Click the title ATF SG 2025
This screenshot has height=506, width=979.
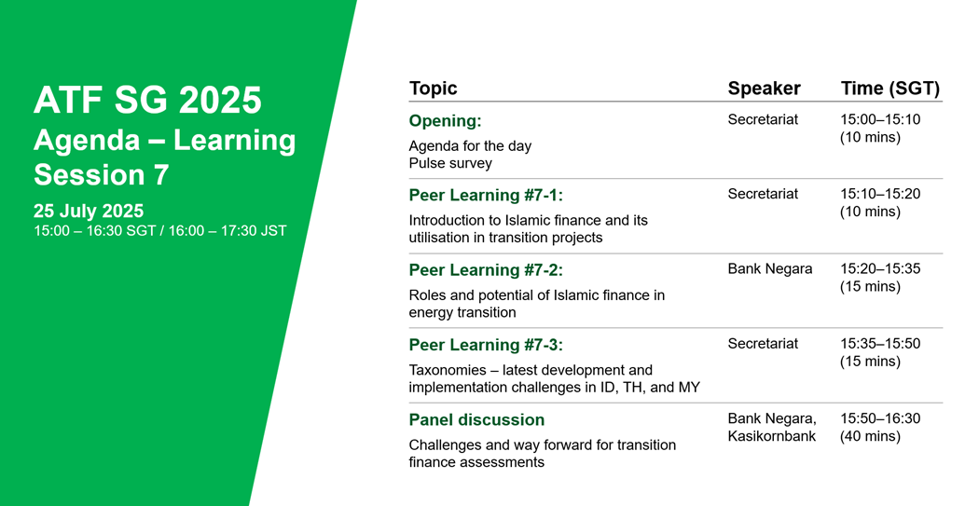coord(147,101)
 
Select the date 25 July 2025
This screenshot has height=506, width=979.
coord(89,211)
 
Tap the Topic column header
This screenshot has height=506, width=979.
coord(434,88)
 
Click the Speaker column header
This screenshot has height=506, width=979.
coord(765,88)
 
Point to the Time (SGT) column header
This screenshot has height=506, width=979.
coord(890,89)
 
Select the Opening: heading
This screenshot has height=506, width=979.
coord(445,121)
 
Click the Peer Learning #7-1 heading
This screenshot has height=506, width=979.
coord(486,196)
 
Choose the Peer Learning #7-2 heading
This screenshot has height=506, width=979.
coord(486,270)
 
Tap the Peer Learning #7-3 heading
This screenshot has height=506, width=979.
coord(486,345)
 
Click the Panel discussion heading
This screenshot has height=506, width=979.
coord(476,419)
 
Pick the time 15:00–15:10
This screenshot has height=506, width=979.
coord(880,119)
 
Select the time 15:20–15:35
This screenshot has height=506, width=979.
coord(880,269)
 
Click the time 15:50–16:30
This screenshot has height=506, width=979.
coord(880,418)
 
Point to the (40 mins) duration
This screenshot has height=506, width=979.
coord(870,436)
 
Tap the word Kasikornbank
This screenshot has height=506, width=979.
coord(772,436)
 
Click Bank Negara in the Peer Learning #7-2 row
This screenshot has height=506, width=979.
coord(770,269)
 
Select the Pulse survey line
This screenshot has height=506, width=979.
coord(450,163)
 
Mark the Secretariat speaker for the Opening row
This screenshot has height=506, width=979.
coord(763,119)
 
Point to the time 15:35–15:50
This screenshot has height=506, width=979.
coord(880,344)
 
